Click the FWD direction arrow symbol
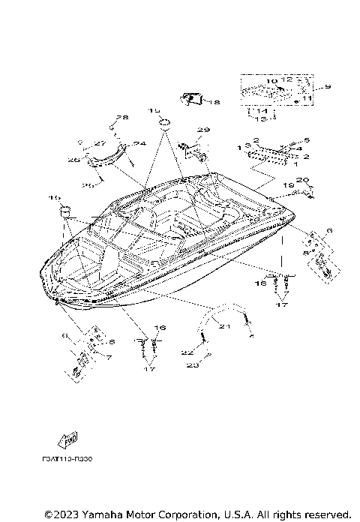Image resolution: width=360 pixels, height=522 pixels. [x=69, y=440]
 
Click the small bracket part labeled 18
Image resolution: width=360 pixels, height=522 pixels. [x=192, y=97]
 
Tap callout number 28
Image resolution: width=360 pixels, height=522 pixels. [x=121, y=118]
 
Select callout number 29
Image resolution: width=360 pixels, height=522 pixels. [x=200, y=130]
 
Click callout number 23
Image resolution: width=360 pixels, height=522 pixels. [x=192, y=366]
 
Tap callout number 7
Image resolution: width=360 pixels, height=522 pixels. [x=108, y=358]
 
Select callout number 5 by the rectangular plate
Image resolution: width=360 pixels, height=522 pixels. [x=305, y=140]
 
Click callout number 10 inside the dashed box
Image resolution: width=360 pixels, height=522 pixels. [x=271, y=81]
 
